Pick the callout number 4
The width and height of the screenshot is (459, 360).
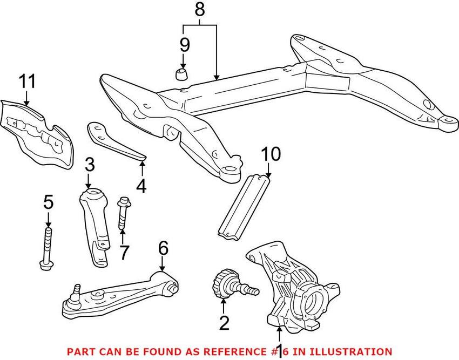[141, 186]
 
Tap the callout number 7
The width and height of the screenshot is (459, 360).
[124, 252]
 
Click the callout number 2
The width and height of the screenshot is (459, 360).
[224, 323]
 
